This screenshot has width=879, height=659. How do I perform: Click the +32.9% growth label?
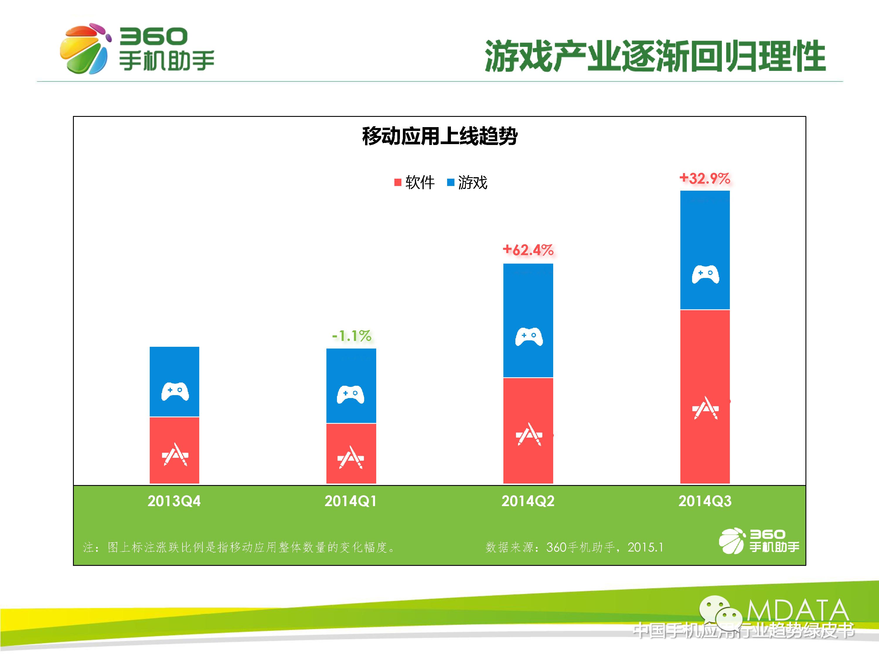tap(705, 178)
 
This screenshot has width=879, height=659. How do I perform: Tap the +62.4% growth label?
tap(528, 250)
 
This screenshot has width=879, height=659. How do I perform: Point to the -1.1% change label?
tap(351, 336)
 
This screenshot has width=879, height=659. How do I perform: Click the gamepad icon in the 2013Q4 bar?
tap(175, 392)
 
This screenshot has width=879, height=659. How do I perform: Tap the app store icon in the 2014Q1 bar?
tap(350, 457)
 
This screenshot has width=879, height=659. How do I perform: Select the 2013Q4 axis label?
tap(174, 501)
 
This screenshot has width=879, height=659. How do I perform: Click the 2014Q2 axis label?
tap(528, 501)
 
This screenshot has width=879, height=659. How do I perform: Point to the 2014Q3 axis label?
tap(705, 501)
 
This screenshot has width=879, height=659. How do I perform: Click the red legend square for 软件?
tap(397, 182)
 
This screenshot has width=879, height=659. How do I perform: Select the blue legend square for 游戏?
tap(450, 182)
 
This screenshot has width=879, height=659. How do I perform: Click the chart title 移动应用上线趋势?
tap(439, 136)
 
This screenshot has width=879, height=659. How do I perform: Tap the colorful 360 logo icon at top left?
tap(85, 48)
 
